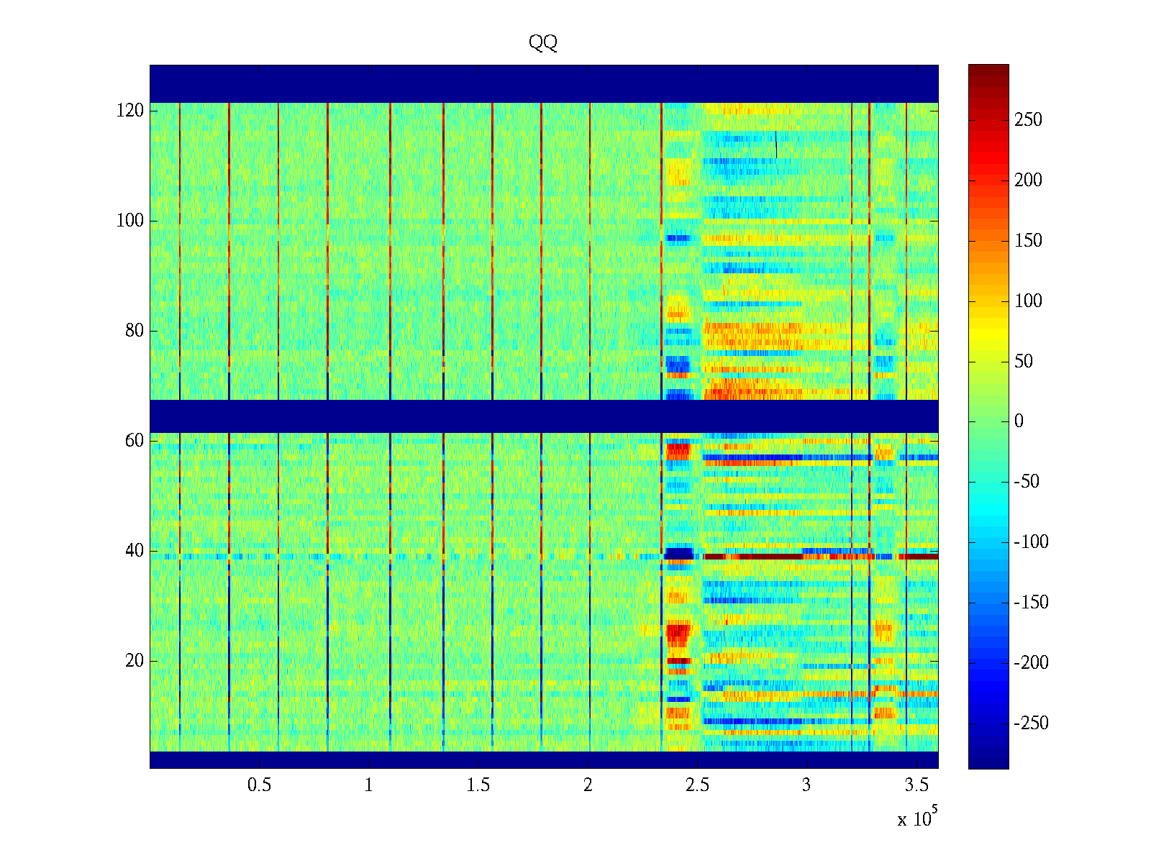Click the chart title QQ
pos(542,42)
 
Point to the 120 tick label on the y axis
pos(130,111)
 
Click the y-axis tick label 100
pos(130,221)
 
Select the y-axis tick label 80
pos(135,331)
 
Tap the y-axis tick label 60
pos(135,441)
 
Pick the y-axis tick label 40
pos(135,551)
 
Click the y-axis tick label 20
pos(135,661)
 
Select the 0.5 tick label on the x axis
pos(259,785)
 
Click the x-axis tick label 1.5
pos(478,785)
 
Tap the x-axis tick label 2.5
pos(697,785)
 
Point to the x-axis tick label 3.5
pos(916,785)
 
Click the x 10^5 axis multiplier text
pos(917,817)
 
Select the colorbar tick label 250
pos(1028,120)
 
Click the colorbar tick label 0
pos(1019,421)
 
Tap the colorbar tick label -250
pos(1031,723)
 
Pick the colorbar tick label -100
pos(1031,542)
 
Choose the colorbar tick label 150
pos(1028,240)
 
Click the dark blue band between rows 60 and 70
pos(544,416)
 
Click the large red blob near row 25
pos(678,634)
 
